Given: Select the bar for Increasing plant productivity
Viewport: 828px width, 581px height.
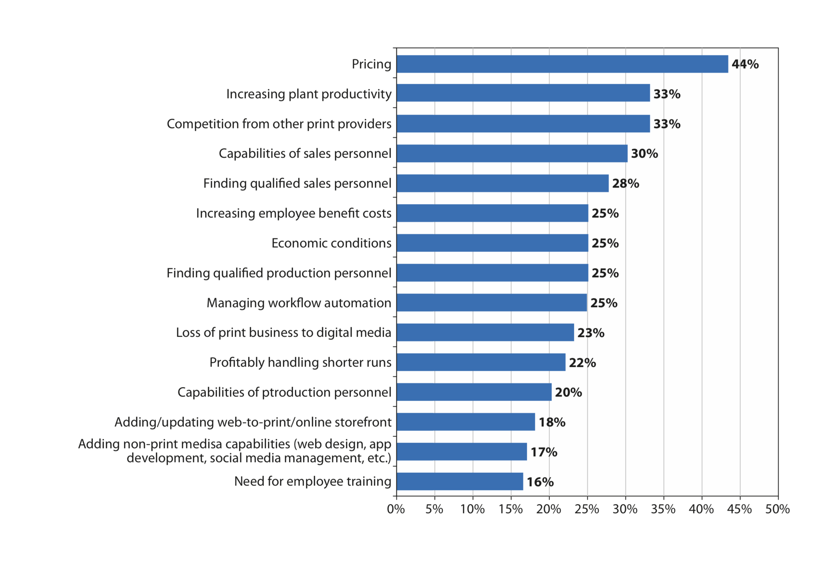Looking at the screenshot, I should click(x=523, y=93).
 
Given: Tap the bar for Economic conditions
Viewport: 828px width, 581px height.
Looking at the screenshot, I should click(x=492, y=243).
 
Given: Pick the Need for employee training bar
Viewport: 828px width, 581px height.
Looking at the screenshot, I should click(x=459, y=482).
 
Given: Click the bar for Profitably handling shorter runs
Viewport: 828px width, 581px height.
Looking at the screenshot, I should click(x=481, y=362).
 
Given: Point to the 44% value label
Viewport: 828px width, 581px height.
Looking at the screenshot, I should click(x=745, y=64).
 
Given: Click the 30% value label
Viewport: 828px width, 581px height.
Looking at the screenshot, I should click(x=644, y=154).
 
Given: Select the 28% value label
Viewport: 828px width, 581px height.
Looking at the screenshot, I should click(x=626, y=184).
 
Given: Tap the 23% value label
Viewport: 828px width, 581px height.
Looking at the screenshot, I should click(x=591, y=332).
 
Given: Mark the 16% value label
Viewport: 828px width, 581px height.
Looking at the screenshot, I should click(x=540, y=482).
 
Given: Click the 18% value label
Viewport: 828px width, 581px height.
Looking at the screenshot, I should click(x=552, y=422).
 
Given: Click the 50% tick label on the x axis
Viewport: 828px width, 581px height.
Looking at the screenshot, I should click(x=778, y=509).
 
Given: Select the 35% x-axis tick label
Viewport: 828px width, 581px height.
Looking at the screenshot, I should click(x=663, y=509).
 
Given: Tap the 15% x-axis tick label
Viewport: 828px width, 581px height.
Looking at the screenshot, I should click(x=510, y=509).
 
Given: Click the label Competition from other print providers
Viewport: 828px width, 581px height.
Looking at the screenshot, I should click(x=279, y=124).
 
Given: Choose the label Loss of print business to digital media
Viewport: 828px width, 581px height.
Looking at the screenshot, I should click(x=283, y=332).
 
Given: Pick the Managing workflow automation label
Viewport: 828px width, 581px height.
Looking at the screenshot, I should click(x=299, y=303).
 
